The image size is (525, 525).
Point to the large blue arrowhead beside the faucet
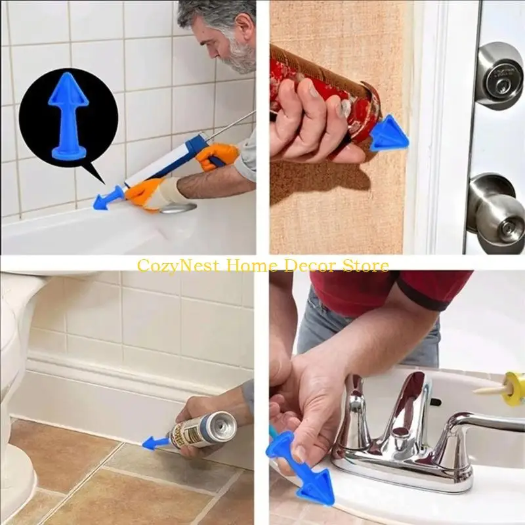tap(314, 489)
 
